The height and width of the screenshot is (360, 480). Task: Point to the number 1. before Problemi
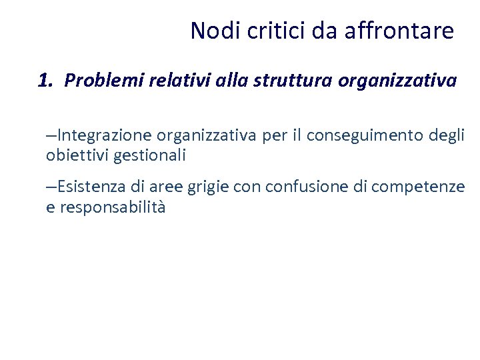click(x=45, y=81)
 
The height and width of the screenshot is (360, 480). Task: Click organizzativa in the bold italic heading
click(x=397, y=81)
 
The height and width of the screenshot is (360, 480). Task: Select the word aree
click(x=168, y=187)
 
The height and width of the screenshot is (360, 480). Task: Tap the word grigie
click(x=209, y=187)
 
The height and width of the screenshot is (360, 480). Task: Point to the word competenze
click(x=417, y=187)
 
